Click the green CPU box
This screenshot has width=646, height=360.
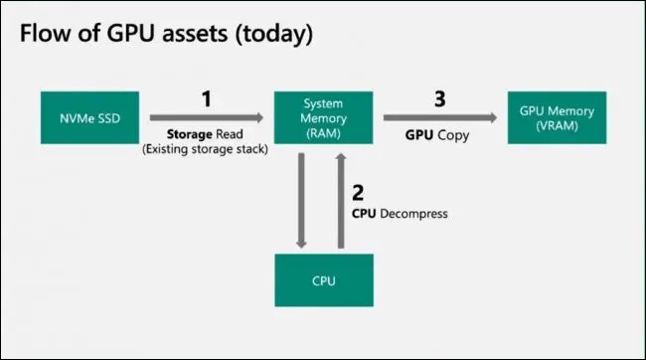[324, 279]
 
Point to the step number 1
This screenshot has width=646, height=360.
[207, 100]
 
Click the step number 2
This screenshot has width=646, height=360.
[361, 192]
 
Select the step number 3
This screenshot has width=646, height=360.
[437, 100]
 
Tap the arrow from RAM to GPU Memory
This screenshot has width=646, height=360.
[438, 117]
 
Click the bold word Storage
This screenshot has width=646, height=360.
[188, 133]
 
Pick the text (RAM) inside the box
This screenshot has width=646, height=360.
[324, 131]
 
